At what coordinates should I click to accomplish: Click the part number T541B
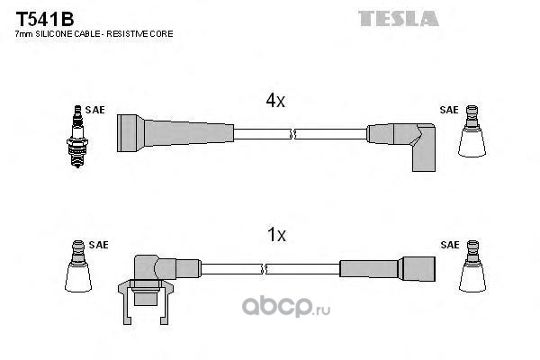pyautogui.click(x=45, y=19)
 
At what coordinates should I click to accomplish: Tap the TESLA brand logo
pyautogui.click(x=399, y=19)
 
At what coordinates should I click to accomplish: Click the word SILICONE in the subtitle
pyautogui.click(x=54, y=34)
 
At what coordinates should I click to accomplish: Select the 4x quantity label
pyautogui.click(x=275, y=100)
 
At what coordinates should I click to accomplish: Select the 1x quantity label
pyautogui.click(x=276, y=235)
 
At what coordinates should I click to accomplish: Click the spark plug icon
pyautogui.click(x=77, y=137)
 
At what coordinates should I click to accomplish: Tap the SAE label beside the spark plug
pyautogui.click(x=95, y=110)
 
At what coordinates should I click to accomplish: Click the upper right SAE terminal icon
pyautogui.click(x=472, y=131)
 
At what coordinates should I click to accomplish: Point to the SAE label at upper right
pyautogui.click(x=449, y=110)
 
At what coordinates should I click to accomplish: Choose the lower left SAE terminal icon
pyautogui.click(x=78, y=266)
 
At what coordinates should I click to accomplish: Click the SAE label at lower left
pyautogui.click(x=98, y=245)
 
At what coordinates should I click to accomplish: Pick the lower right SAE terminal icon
pyautogui.click(x=472, y=266)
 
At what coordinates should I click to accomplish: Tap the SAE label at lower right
pyautogui.click(x=450, y=245)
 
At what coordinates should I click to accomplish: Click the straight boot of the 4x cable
pyautogui.click(x=175, y=133)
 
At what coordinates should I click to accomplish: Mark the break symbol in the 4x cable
pyautogui.click(x=292, y=134)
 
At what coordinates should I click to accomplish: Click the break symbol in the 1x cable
pyautogui.click(x=264, y=269)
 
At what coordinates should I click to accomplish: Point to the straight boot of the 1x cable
pyautogui.click(x=387, y=269)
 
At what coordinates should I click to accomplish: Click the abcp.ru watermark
pyautogui.click(x=286, y=306)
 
